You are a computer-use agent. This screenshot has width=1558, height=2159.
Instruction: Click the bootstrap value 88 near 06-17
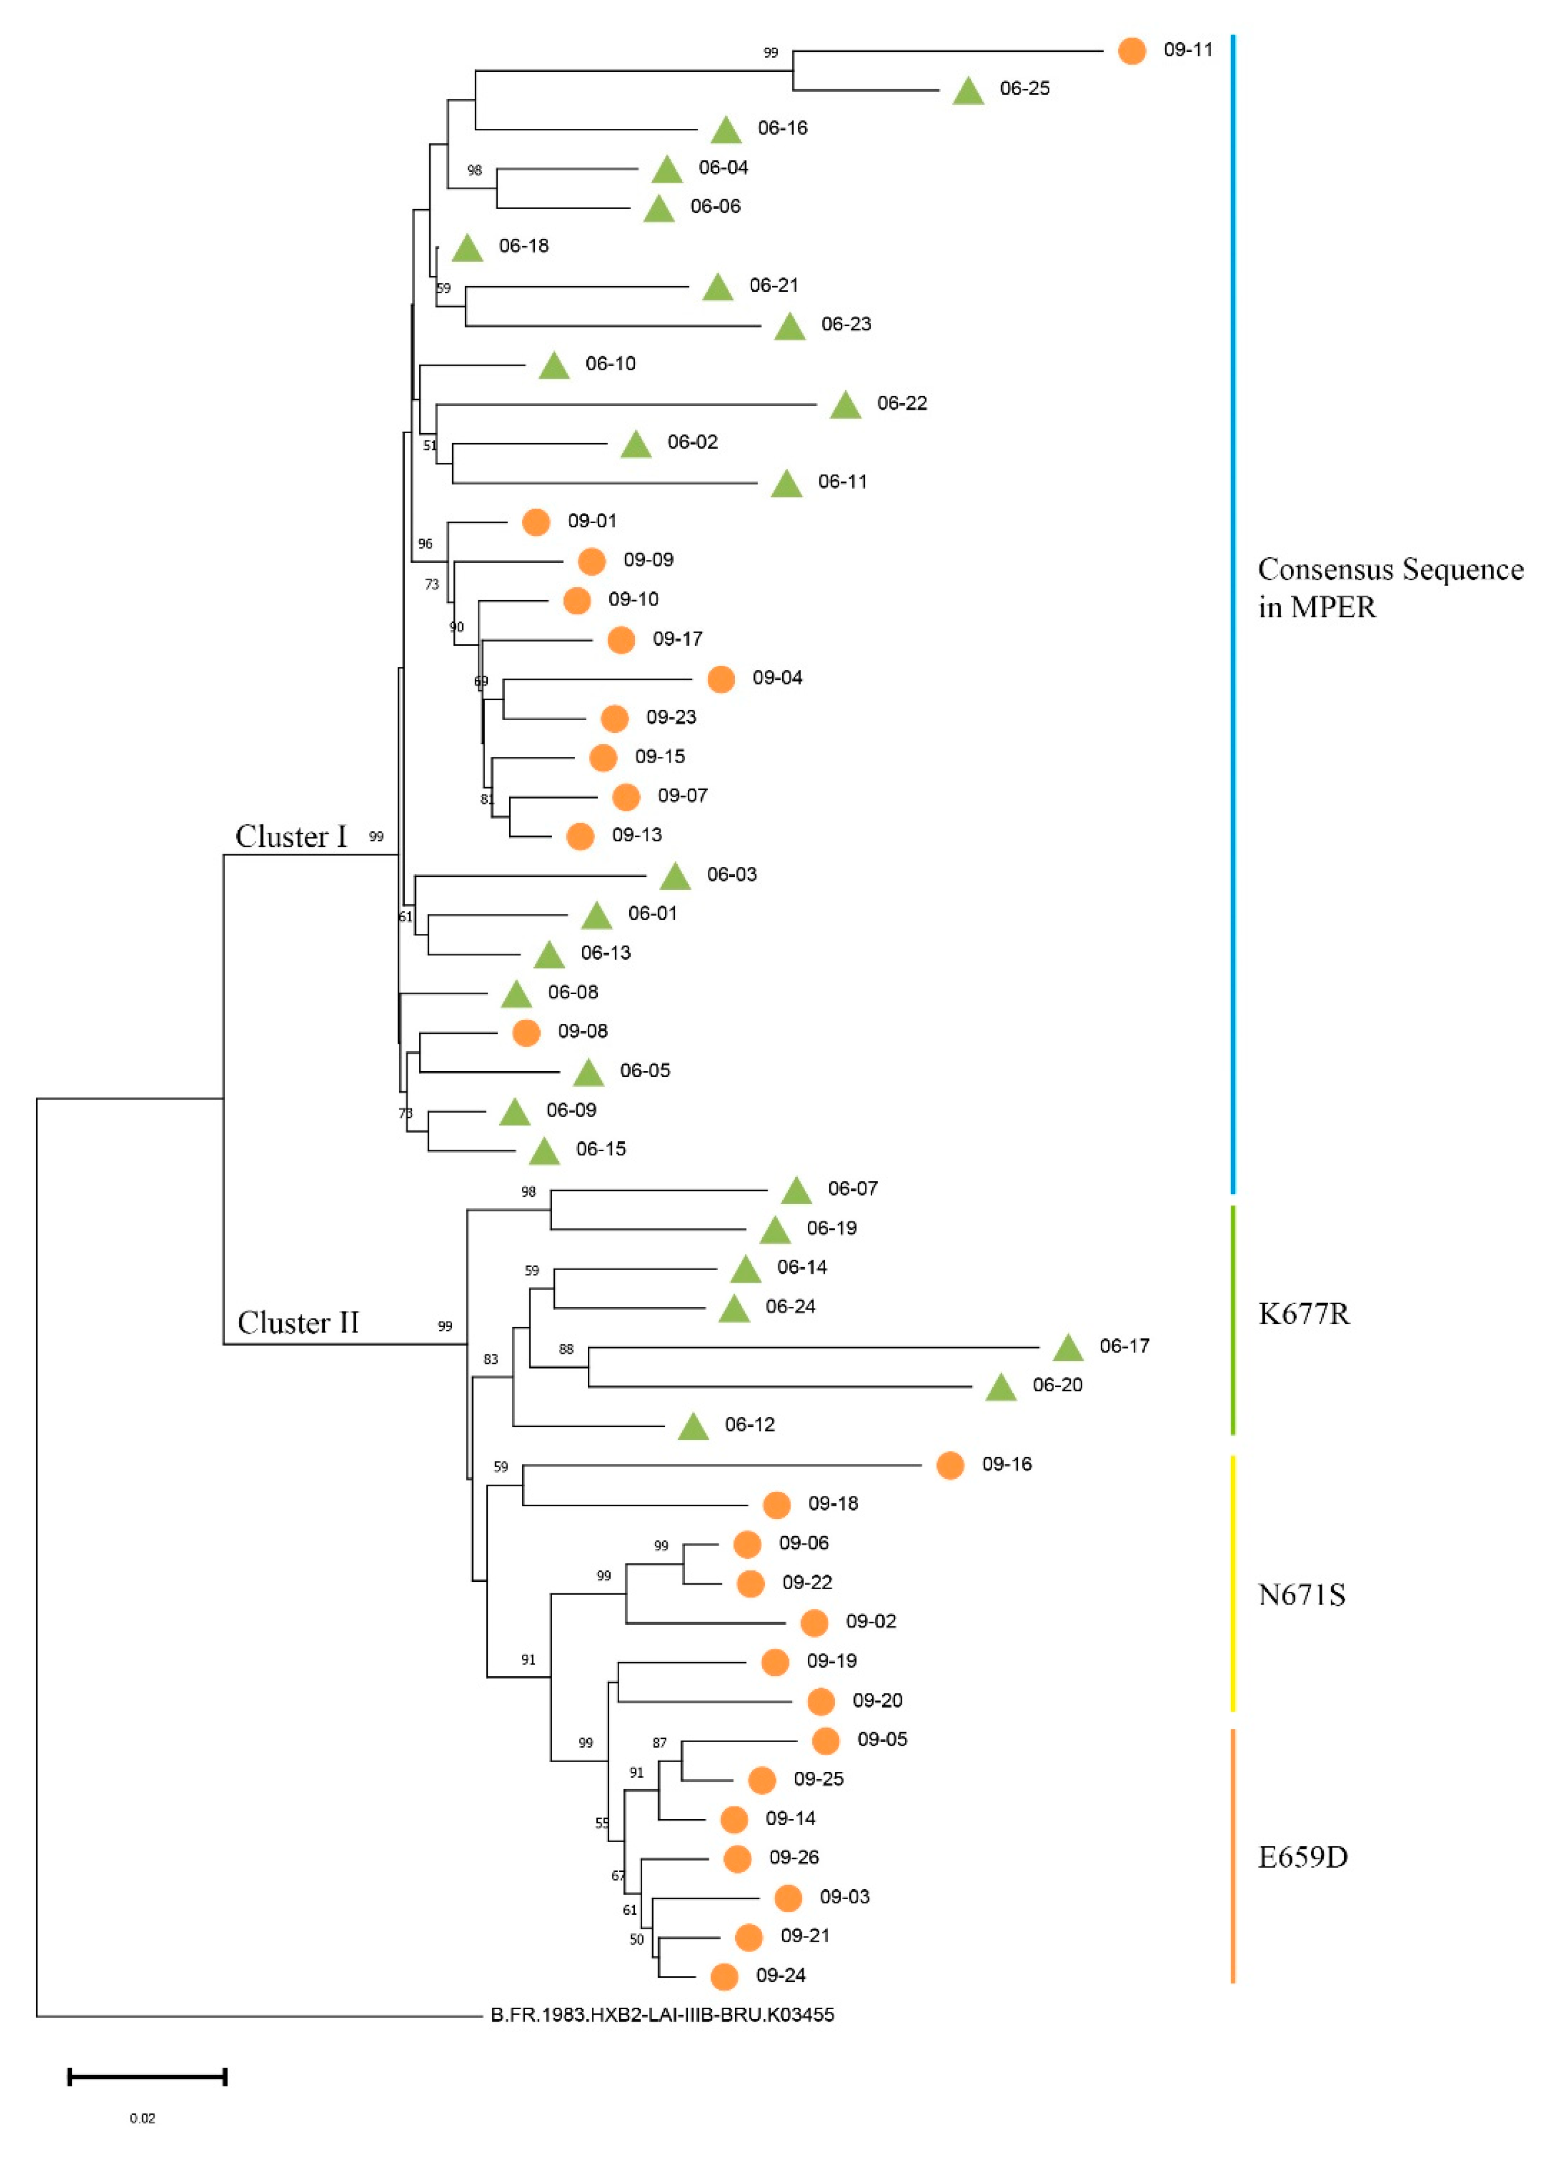[x=566, y=1349]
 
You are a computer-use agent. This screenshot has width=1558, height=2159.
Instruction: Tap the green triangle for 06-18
[x=467, y=248]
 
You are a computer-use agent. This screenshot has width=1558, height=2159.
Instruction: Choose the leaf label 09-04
[x=776, y=678]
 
